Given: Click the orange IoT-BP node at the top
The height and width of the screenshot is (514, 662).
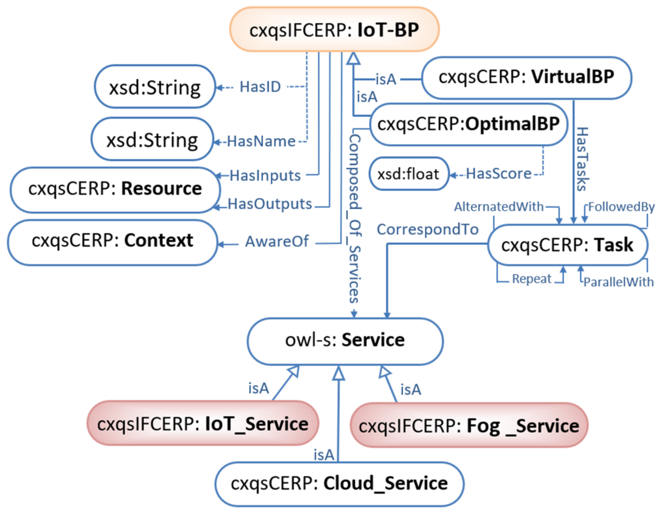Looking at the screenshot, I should point(334,30).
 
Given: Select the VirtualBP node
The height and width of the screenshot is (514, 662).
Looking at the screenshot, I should point(527,78).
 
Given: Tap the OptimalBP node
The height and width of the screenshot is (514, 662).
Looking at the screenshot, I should point(468,124).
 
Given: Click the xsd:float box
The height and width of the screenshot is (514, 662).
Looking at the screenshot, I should point(408,174).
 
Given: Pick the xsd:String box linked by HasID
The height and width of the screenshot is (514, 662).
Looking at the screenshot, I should point(155,87).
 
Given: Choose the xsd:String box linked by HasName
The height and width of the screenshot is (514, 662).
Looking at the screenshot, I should point(152,140).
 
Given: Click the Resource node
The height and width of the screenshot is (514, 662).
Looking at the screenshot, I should point(115,189).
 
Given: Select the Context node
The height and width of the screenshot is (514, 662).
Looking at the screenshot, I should point(112,241).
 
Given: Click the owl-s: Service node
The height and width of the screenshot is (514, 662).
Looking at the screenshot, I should point(345,341).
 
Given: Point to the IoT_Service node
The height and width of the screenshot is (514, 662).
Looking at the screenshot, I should point(202,424).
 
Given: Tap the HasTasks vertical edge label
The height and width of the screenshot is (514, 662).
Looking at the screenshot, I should point(582,159).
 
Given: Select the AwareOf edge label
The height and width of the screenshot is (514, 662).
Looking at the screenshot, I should point(276,242).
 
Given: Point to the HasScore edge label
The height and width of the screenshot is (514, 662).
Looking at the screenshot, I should point(498,174).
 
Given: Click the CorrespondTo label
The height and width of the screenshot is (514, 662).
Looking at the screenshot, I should point(427,229).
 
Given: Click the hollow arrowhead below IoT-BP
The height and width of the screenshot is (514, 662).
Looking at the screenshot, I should point(353,58).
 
